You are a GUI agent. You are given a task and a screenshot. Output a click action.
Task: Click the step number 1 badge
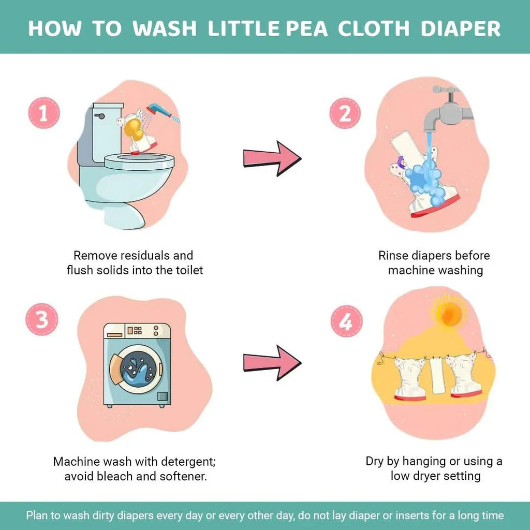point(43,113)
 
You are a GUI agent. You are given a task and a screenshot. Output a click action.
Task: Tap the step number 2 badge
point(346,113)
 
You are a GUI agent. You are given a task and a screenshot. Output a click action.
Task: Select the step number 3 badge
point(41,320)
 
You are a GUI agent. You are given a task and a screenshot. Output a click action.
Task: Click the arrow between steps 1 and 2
point(272,158)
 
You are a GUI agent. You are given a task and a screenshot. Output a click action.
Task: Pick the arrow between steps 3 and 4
point(272,362)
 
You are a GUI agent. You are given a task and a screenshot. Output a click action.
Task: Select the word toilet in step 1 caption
point(187,270)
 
